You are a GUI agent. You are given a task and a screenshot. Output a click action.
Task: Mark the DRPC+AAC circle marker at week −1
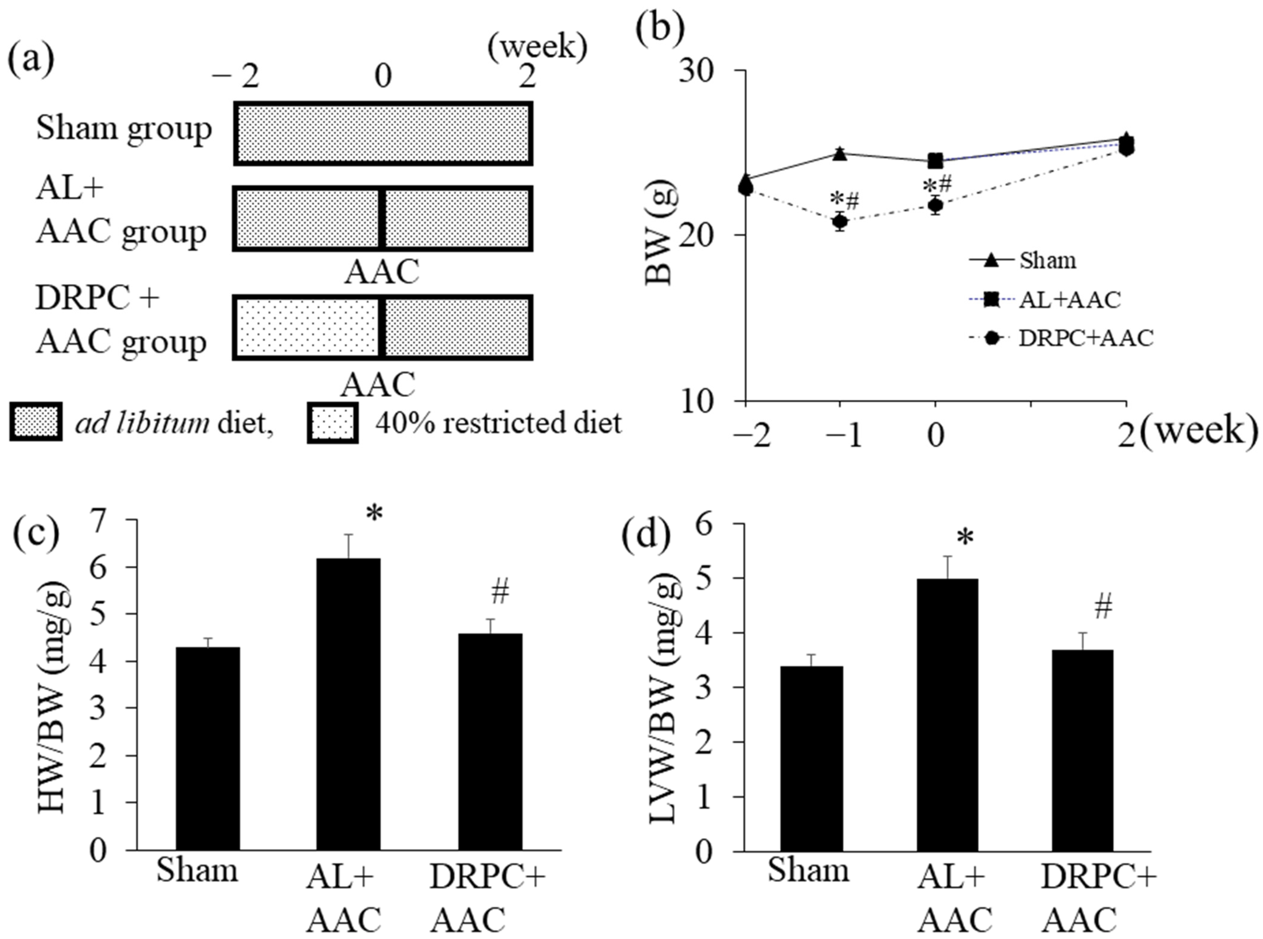coord(840,222)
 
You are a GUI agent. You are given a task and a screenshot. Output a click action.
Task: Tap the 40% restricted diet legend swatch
coord(333,422)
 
